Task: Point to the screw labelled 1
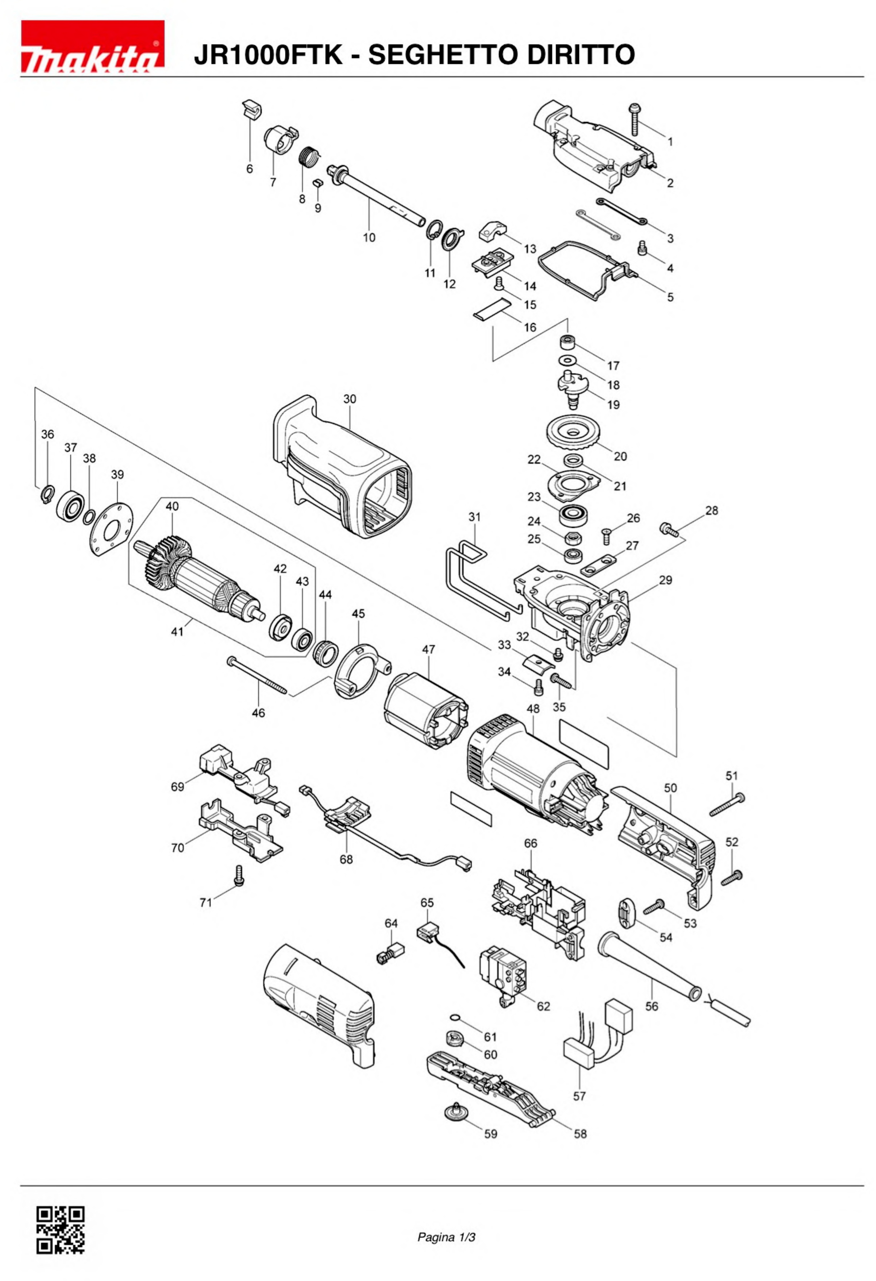tap(635, 118)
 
